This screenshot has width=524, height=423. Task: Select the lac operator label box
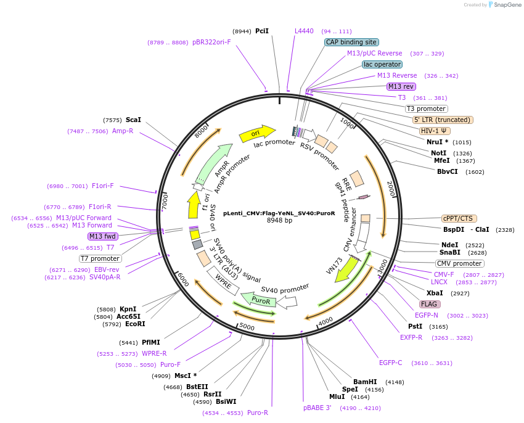click(382, 64)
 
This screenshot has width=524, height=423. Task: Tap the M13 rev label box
click(401, 86)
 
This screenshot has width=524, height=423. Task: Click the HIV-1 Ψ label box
click(435, 131)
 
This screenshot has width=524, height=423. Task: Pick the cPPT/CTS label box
click(457, 218)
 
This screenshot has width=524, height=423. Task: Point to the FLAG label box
click(429, 304)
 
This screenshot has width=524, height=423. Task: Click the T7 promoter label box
click(100, 258)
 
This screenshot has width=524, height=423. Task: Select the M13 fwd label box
click(103, 236)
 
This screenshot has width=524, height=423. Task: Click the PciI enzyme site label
click(262, 31)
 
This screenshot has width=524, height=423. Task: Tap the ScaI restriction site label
click(133, 120)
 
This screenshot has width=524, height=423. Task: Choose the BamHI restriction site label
click(365, 382)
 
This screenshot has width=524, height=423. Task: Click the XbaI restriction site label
click(435, 293)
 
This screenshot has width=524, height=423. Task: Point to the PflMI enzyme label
click(151, 342)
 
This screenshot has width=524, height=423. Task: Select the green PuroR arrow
click(258, 300)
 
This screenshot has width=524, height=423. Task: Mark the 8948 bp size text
click(279, 220)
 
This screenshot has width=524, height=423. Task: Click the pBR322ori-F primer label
click(211, 43)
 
